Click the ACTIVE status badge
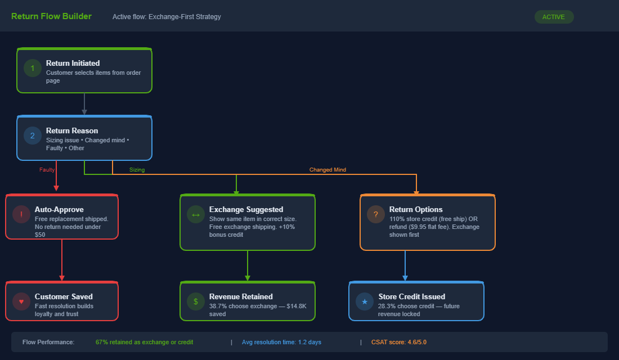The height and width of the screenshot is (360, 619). tap(553, 17)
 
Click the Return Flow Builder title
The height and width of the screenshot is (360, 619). tap(51, 16)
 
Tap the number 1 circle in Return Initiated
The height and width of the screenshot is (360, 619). tap(33, 68)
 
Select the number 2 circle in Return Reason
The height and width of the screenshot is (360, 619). tap(33, 136)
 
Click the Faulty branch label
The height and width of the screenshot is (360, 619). tap(47, 169)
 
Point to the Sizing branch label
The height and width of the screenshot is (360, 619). tap(137, 169)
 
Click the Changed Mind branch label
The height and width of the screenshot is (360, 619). tap(328, 169)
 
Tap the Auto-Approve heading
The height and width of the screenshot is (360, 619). tap(59, 209)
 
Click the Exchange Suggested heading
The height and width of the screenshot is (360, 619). tap(246, 209)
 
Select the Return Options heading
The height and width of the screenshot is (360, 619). tap(416, 209)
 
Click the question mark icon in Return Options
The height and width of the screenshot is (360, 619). tap(376, 214)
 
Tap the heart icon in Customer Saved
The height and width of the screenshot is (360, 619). tap(21, 301)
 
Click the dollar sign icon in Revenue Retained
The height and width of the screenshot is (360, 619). tap(196, 301)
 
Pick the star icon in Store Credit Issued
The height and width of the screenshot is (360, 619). tap(365, 301)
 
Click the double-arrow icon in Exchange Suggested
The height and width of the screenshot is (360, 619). tap(196, 214)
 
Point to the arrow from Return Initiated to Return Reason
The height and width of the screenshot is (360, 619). tap(84, 104)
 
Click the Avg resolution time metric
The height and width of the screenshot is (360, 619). tap(281, 342)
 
